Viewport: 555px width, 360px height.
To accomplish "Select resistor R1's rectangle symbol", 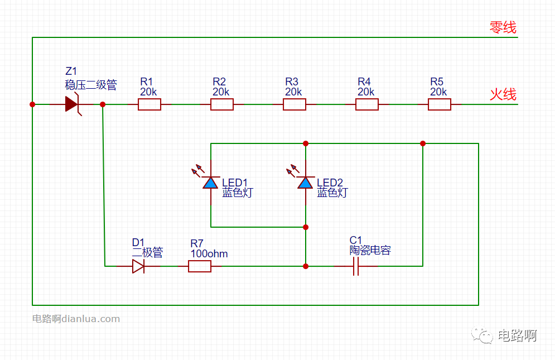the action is click(x=149, y=104).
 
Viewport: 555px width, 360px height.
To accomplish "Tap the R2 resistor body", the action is click(x=222, y=104).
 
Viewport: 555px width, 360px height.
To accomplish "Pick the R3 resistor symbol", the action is click(x=295, y=104).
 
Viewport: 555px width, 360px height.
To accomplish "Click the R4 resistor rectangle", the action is click(x=367, y=104).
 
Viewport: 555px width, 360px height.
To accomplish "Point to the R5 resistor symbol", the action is click(x=440, y=104).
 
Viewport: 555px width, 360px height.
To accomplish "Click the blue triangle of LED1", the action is click(x=211, y=183).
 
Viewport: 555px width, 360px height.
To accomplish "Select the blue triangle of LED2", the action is click(x=306, y=183).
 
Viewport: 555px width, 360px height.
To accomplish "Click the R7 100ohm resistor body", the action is click(x=200, y=266).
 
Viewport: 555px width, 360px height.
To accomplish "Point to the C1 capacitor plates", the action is click(x=356, y=266).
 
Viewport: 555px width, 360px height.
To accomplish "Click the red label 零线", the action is click(x=503, y=27).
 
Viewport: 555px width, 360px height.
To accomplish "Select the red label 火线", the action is click(x=503, y=95).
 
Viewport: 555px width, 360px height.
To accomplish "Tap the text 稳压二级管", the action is click(x=91, y=85).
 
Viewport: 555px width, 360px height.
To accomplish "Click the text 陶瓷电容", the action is click(x=370, y=251).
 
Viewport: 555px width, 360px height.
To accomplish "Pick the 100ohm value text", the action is click(x=209, y=254).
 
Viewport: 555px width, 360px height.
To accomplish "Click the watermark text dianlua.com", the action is click(x=91, y=319).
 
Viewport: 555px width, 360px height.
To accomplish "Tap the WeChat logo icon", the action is click(x=482, y=335).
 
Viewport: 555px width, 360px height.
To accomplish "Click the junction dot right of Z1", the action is click(x=103, y=104).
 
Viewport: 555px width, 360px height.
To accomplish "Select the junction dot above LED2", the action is click(x=306, y=143).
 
